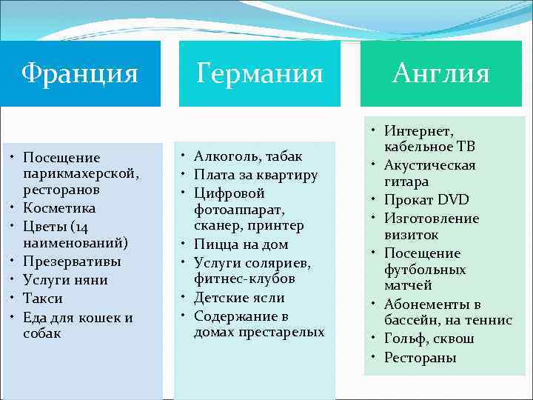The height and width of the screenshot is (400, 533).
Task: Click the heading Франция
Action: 80,73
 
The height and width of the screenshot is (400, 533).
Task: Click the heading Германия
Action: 260,73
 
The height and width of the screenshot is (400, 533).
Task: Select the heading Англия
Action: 441,73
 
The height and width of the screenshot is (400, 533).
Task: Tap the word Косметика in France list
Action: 59,208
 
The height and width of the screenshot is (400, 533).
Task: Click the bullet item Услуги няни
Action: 65,280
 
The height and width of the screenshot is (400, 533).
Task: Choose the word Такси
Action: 43,299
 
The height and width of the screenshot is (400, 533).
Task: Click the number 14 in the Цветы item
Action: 86,226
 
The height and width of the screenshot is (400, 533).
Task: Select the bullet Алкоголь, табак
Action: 248,156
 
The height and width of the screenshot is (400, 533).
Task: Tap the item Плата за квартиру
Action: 255,176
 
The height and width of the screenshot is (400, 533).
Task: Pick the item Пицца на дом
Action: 241,244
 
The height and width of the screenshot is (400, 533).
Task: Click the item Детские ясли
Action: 238,298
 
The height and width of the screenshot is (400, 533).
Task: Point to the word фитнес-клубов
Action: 244,279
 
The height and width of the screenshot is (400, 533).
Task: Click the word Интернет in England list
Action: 418,131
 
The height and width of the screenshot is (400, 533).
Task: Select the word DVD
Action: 452,200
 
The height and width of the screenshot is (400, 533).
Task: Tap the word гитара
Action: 406,181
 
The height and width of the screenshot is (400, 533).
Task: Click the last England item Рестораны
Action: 420,358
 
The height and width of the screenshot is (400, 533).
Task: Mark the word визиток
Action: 411,235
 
